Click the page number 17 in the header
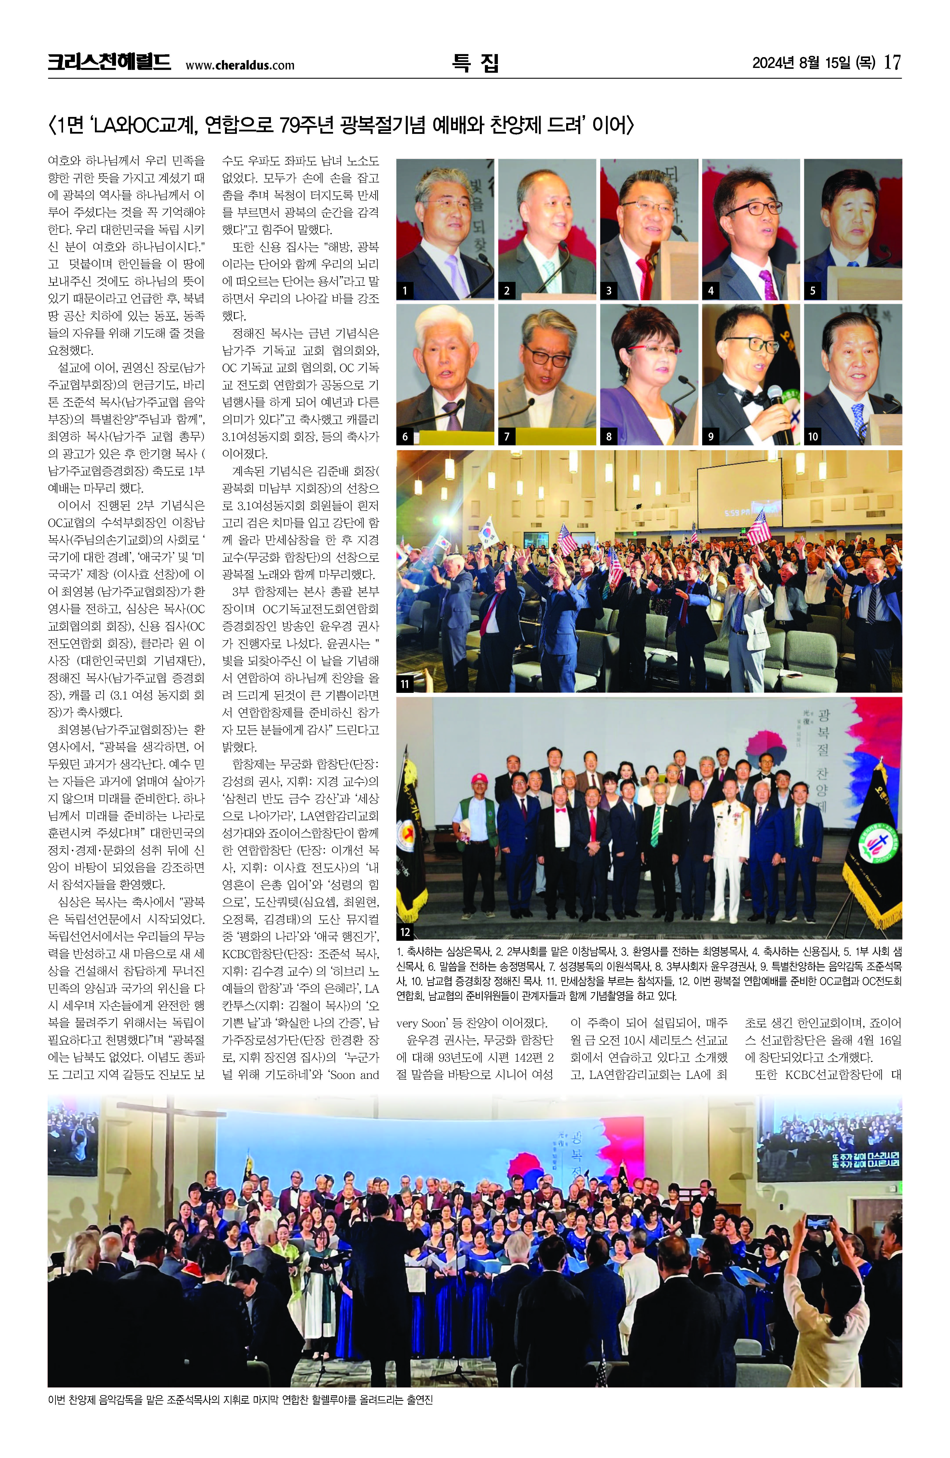coord(892,62)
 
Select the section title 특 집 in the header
coord(475,62)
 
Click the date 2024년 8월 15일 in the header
coord(814,62)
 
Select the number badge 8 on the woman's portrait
coord(608,436)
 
